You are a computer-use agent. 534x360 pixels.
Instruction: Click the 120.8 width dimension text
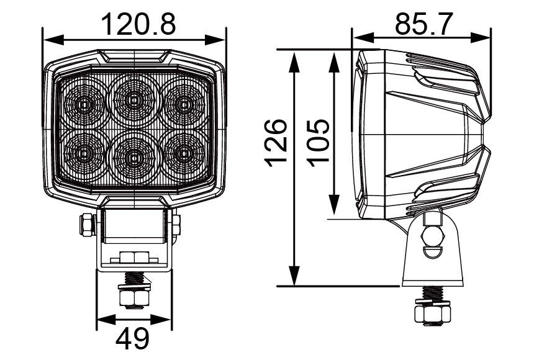click(138, 24)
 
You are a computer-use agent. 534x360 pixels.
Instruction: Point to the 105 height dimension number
click(319, 142)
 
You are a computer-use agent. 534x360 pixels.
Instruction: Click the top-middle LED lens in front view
click(133, 99)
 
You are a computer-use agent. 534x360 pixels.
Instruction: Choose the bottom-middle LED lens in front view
click(133, 156)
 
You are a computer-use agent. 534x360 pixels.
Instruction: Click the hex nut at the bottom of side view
click(432, 314)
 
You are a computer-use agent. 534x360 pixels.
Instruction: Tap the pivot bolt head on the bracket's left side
click(85, 224)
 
